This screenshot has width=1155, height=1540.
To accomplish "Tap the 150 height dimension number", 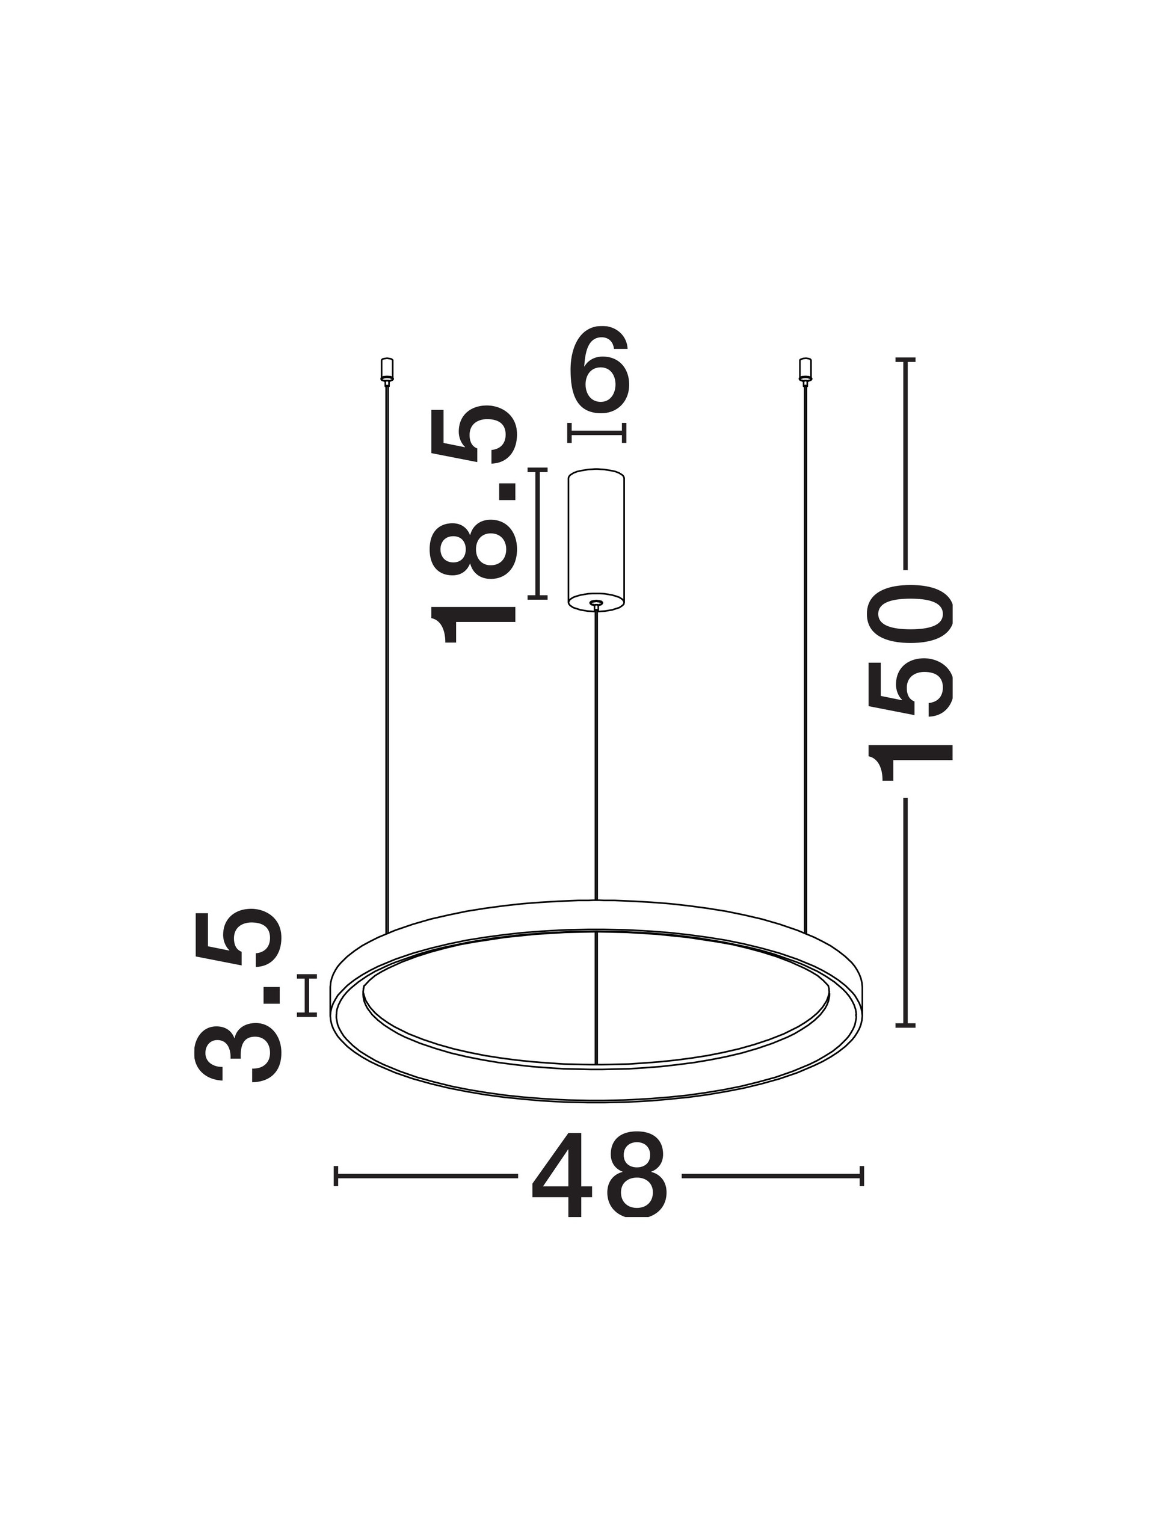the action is (908, 683).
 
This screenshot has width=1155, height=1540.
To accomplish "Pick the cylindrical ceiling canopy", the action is (596, 540).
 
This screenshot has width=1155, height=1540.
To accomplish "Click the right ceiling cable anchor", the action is (805, 369).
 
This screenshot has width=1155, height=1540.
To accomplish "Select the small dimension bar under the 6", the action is (597, 433).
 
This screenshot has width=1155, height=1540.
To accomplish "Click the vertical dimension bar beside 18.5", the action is (537, 534).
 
